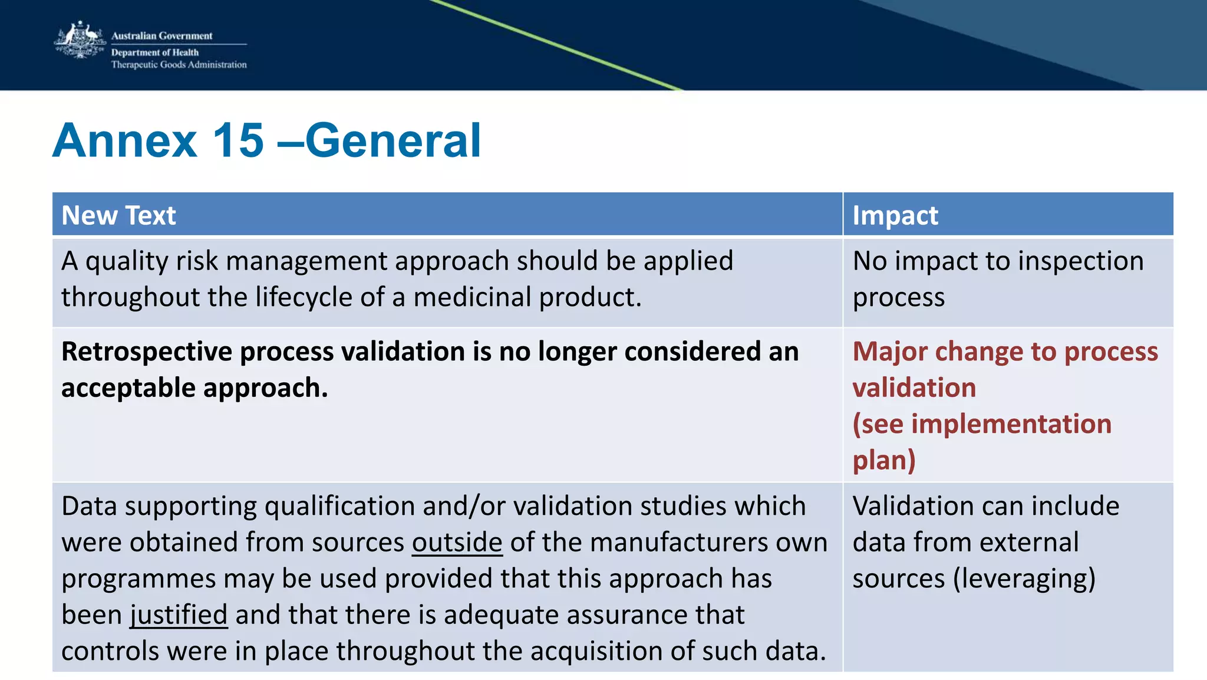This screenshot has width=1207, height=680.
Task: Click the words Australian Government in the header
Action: [161, 36]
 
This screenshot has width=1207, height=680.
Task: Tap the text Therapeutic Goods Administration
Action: [179, 65]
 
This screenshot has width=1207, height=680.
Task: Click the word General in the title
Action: [393, 140]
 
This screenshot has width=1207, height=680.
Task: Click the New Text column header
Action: [118, 215]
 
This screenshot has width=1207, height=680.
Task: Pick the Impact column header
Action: [895, 215]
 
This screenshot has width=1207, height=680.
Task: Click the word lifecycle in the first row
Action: [304, 297]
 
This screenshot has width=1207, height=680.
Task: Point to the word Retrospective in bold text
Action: [147, 352]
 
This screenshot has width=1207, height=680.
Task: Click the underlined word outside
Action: [457, 542]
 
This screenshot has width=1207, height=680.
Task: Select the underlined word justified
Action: [179, 615]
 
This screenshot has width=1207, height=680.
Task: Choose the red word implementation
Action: [1011, 424]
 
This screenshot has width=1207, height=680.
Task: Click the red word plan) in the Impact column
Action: [884, 461]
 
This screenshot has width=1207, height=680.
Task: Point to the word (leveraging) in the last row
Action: [1024, 579]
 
